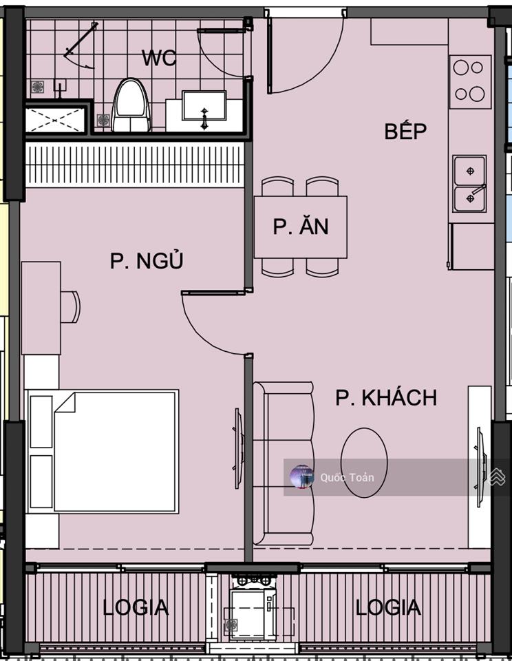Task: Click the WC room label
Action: coord(159,58)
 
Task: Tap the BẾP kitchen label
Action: coord(405,132)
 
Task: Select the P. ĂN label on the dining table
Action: coord(300,227)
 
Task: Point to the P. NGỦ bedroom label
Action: coord(147,261)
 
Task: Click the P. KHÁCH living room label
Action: coord(386,398)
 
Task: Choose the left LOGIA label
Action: coord(136,607)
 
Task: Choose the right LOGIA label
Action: coord(388,607)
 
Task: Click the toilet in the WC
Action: coord(131,106)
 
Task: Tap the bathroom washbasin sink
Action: coord(204,109)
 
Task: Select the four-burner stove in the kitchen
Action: coord(470,81)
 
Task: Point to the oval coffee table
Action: coord(364,463)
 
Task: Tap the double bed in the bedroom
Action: coord(103,451)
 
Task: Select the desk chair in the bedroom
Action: coord(70,307)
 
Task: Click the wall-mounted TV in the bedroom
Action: coord(238,448)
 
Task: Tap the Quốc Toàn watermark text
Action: coord(347,477)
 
